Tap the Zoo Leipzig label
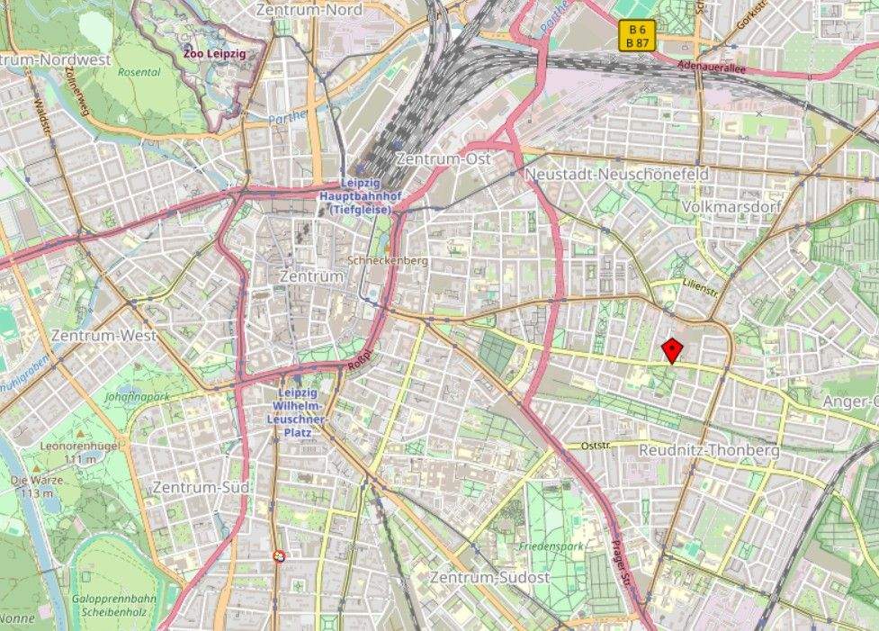(x=214, y=53)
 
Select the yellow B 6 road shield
(x=637, y=30)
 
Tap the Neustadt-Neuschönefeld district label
(x=615, y=174)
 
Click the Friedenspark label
(x=552, y=546)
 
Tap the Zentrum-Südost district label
(x=489, y=577)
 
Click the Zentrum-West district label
(x=104, y=335)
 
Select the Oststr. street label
(x=596, y=445)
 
